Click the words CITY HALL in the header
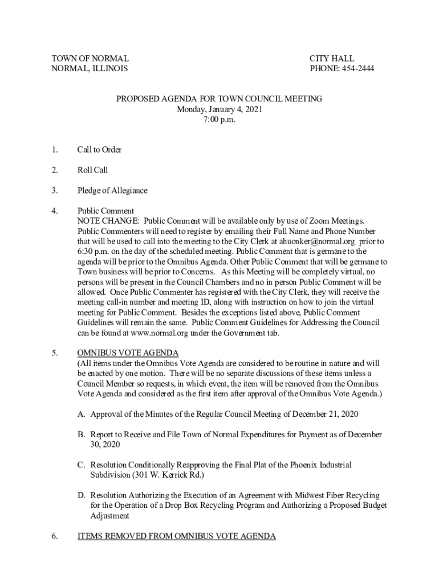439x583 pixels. point(332,59)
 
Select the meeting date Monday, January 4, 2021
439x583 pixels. point(219,109)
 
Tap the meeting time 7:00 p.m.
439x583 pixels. point(219,120)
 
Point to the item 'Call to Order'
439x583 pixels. point(99,150)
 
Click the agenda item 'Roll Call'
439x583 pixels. point(92,170)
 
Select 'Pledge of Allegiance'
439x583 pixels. point(112,191)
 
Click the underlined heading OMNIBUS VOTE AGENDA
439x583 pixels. point(128,353)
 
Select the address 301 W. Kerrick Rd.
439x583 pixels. point(167,475)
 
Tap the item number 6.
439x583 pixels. point(54,536)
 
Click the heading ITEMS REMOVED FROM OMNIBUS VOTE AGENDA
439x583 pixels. point(177,536)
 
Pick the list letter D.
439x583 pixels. point(82,495)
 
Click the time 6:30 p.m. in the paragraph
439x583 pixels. point(94,252)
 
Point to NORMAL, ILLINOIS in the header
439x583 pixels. point(90,69)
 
